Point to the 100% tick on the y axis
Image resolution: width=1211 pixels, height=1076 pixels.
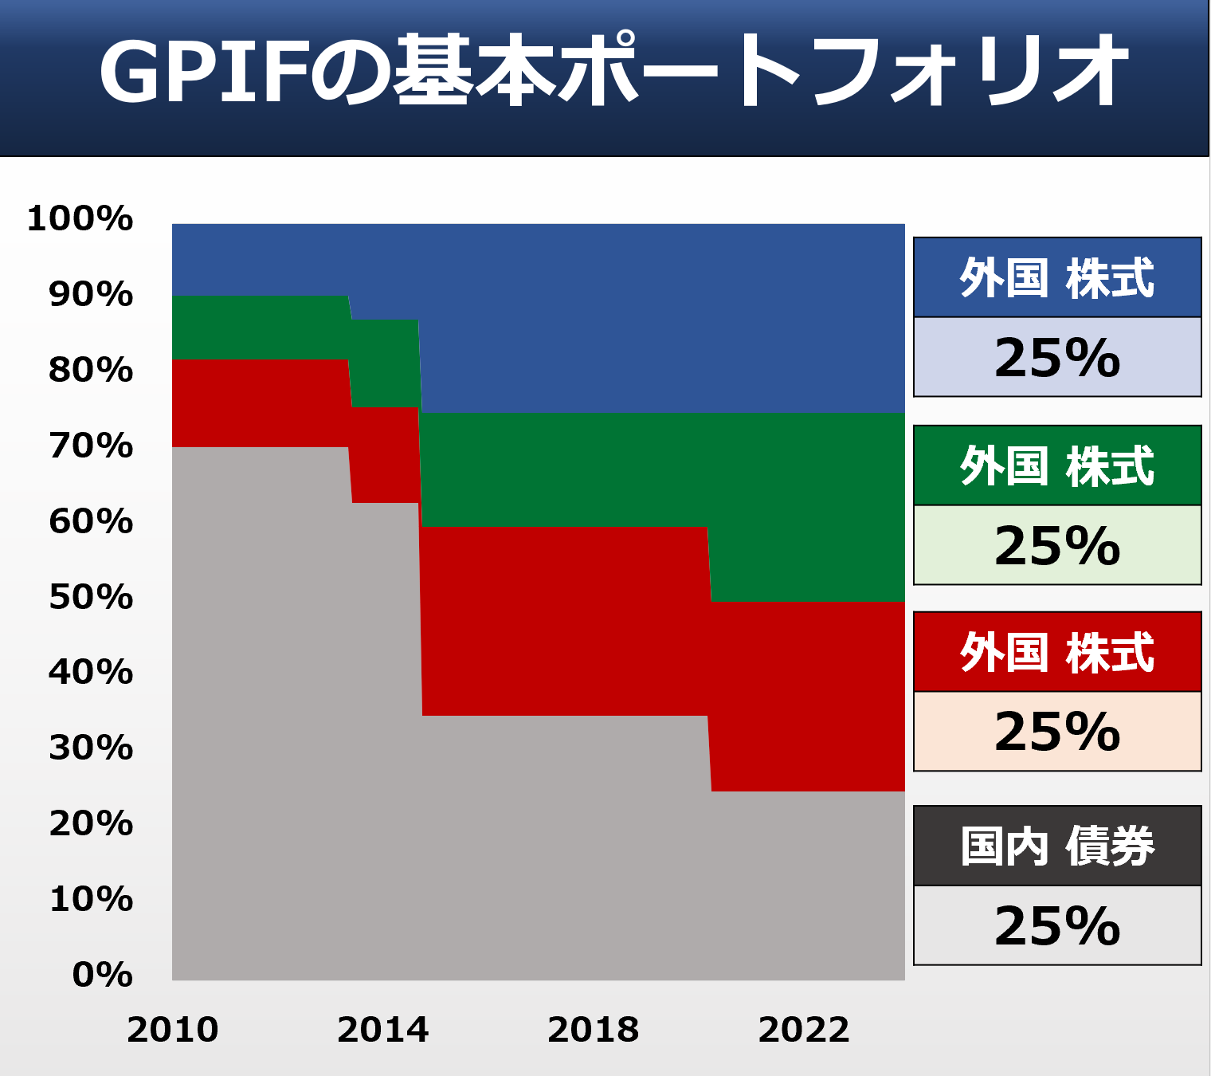[80, 218]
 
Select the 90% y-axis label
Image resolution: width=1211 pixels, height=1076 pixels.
[91, 294]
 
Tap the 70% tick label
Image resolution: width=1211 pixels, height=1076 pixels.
[91, 446]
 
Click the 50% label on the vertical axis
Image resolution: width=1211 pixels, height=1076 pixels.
[91, 597]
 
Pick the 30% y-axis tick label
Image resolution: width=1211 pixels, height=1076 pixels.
[91, 748]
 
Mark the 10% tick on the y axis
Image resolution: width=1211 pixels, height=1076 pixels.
[91, 899]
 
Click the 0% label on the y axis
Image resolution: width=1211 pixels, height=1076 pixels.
[102, 975]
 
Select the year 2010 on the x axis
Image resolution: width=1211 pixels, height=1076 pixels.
[172, 1030]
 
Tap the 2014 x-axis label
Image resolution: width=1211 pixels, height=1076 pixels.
[382, 1030]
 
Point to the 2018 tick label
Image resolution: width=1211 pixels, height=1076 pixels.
[593, 1030]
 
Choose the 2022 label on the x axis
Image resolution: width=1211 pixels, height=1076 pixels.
[803, 1030]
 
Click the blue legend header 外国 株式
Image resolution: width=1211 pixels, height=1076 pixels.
[1056, 278]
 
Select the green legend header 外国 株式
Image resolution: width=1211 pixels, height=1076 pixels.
[1056, 466]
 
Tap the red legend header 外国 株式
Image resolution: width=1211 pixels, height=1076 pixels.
[1056, 653]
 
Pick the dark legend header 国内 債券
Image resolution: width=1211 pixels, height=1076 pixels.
[1056, 846]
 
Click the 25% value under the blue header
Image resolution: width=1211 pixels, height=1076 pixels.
[1056, 358]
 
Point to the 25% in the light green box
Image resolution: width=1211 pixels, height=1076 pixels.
[1056, 546]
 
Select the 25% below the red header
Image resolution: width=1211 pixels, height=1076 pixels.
[1056, 732]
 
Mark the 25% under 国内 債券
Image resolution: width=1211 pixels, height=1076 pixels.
[1056, 926]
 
